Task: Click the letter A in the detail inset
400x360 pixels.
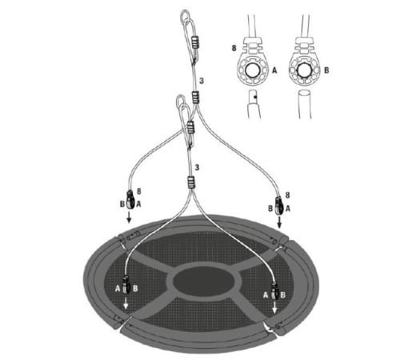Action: tap(275, 70)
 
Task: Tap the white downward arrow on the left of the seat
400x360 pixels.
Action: tap(126, 307)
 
